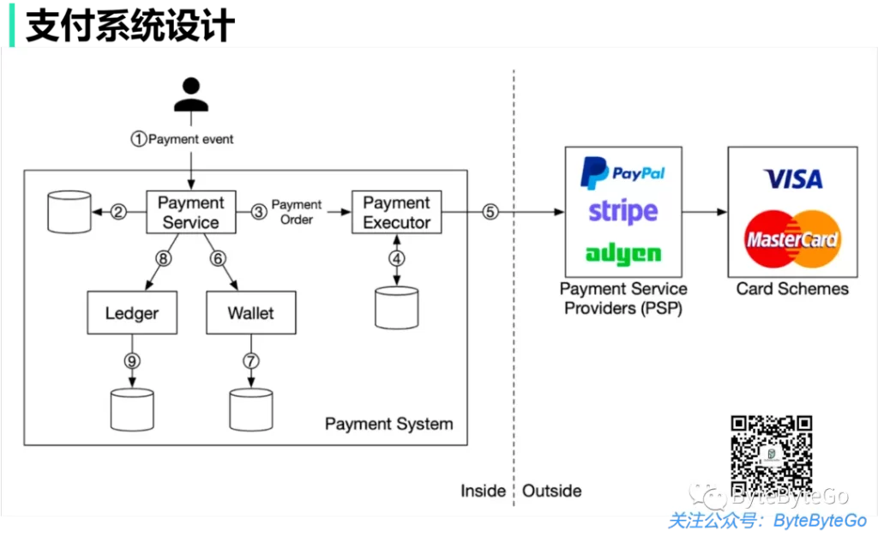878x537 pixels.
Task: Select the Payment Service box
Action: pyautogui.click(x=190, y=213)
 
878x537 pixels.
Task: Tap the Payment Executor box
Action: pyautogui.click(x=396, y=213)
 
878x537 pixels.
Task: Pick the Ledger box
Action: pyautogui.click(x=132, y=313)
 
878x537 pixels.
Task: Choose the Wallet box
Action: pyautogui.click(x=250, y=313)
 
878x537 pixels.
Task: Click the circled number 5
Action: pyautogui.click(x=490, y=213)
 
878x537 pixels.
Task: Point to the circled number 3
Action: pyautogui.click(x=259, y=213)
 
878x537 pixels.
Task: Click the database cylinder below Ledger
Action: pyautogui.click(x=132, y=409)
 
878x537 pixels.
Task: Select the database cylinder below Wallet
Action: pyautogui.click(x=250, y=409)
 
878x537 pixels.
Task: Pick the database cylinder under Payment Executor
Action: pyautogui.click(x=396, y=308)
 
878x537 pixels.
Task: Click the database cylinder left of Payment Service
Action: pyautogui.click(x=69, y=212)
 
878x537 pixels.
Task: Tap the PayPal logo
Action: pyautogui.click(x=622, y=172)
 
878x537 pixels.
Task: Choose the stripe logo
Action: pyautogui.click(x=623, y=211)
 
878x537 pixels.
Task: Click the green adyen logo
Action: pyautogui.click(x=623, y=253)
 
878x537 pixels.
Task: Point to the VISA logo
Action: pyautogui.click(x=792, y=178)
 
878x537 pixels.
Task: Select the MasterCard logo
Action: pyautogui.click(x=791, y=238)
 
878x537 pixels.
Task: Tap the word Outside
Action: pyautogui.click(x=552, y=491)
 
